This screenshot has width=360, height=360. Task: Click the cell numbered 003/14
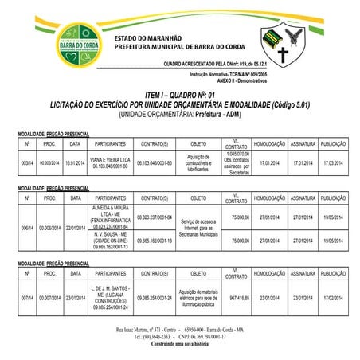27,162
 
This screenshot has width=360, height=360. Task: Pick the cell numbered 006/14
27,228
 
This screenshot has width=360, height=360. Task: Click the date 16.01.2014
76,162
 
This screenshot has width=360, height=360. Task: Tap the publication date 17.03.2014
332,162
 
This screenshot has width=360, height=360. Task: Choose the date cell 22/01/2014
76,228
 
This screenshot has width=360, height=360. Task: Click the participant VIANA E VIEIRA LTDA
111,160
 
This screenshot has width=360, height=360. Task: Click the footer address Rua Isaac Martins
179,329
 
